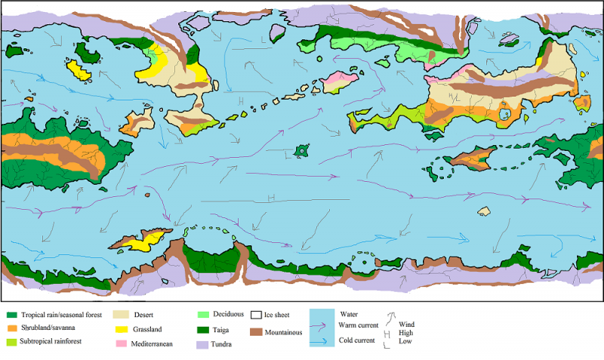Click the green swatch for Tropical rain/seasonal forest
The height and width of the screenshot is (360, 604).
click(x=11, y=315)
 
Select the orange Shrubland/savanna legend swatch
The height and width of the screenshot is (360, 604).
click(x=11, y=328)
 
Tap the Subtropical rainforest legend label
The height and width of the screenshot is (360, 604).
click(x=54, y=342)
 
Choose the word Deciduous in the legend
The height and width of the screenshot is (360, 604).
click(x=229, y=313)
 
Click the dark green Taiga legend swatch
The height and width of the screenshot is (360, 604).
click(x=202, y=329)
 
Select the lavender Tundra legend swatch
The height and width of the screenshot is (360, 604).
click(x=202, y=344)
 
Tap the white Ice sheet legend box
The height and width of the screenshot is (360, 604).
click(x=256, y=314)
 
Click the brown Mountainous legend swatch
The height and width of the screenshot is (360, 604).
click(x=256, y=331)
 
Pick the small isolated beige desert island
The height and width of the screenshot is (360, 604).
click(x=484, y=211)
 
